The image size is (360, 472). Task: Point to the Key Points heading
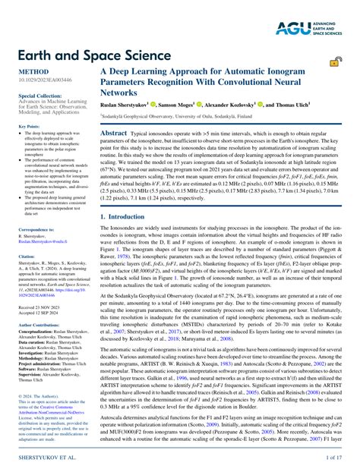[28, 126]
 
